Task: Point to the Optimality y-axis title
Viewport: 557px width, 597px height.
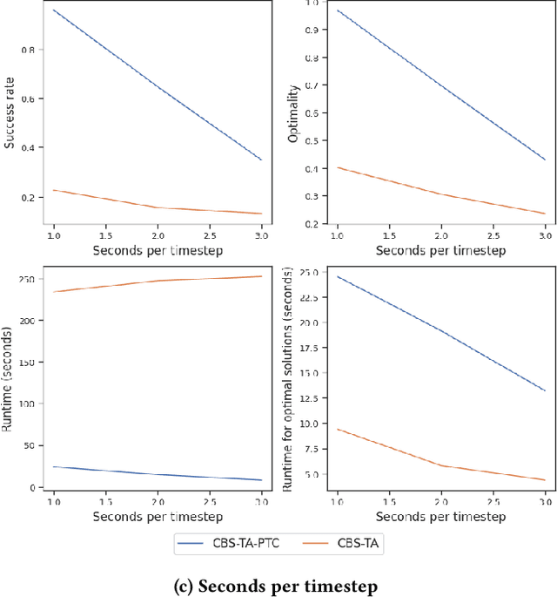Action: point(293,113)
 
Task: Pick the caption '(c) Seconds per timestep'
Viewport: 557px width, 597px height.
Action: point(278,587)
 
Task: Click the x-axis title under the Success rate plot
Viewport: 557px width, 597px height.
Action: point(157,251)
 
